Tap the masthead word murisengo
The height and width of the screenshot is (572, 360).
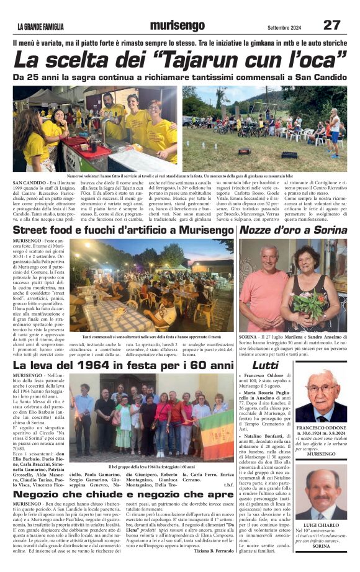pos(177,25)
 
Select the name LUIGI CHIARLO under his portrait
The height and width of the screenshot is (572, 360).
pos(322,525)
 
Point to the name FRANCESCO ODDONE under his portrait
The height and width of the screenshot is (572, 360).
pos(322,429)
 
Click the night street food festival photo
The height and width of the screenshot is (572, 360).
pos(151,285)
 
